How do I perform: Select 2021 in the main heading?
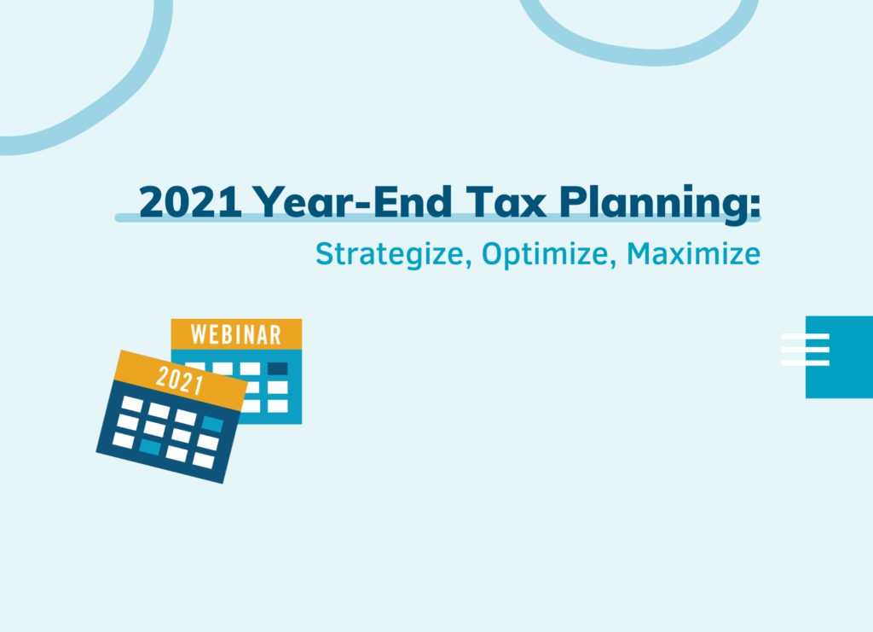[190, 201]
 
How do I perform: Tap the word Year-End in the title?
[352, 201]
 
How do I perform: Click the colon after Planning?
[755, 205]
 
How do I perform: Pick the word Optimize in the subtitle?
[546, 254]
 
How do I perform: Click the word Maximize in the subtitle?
[693, 254]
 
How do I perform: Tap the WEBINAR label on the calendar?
[236, 334]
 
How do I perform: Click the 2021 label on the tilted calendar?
[179, 380]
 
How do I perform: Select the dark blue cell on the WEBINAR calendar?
[277, 368]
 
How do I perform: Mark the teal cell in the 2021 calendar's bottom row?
[150, 447]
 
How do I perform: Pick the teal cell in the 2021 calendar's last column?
[212, 424]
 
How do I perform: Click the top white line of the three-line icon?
[805, 336]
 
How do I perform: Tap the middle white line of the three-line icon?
[805, 350]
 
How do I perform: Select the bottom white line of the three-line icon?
[805, 363]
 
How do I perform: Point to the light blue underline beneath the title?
[437, 217]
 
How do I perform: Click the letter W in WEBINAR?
[198, 334]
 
